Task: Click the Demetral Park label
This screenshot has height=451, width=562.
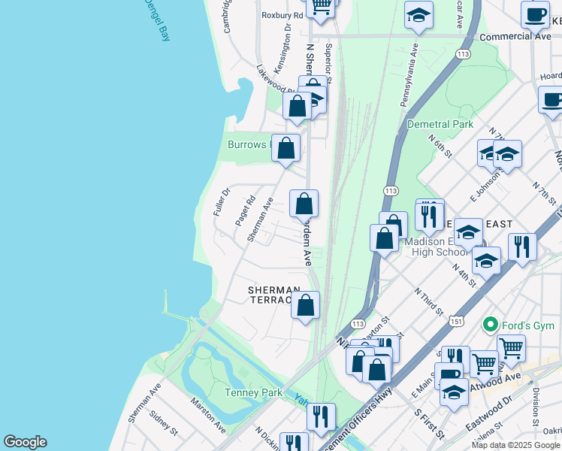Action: [x=440, y=124]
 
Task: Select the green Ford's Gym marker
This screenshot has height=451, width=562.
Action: [x=491, y=325]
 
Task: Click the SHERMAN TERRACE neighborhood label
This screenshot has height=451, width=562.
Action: [x=275, y=295]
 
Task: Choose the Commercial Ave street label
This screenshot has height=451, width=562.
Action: [x=515, y=36]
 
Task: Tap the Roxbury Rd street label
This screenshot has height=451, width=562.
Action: [x=282, y=15]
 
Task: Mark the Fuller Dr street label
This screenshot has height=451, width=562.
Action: [x=219, y=202]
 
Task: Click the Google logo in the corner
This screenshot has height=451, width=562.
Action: [x=25, y=442]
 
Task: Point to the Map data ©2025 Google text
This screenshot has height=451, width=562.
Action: [x=515, y=445]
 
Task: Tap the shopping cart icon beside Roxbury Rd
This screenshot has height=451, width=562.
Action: [x=322, y=7]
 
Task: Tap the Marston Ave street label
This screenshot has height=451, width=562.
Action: [x=207, y=416]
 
